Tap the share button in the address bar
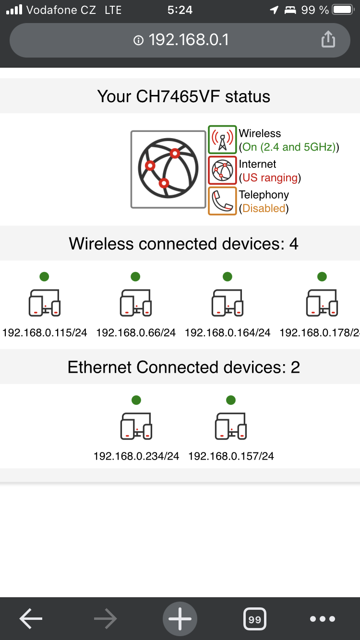coord(328,39)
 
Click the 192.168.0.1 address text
coord(188,40)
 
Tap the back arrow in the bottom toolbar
coord(31,619)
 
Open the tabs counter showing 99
coord(255,619)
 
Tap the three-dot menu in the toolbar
coord(323,619)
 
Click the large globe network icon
coord(168,169)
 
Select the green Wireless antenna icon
coord(222,140)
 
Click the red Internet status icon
coord(222,170)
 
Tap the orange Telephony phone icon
coord(222,201)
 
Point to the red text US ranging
coord(270,178)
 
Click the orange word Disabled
coord(264,208)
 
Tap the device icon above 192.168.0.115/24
coord(45,303)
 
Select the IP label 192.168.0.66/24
coord(136,332)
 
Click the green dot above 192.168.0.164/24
coord(228,276)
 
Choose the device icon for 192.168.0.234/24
coord(136,426)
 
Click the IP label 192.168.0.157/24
coord(231,456)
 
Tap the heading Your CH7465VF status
coord(183,96)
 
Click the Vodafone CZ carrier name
coord(61,10)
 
